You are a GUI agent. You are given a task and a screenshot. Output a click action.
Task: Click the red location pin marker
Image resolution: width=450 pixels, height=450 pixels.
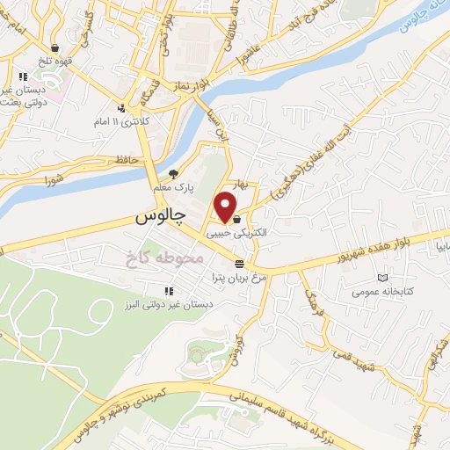point(226,207)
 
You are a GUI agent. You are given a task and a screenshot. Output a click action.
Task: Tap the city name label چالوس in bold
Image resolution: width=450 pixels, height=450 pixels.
point(163,216)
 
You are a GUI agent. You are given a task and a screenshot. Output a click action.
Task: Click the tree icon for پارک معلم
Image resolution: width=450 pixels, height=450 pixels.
point(173,174)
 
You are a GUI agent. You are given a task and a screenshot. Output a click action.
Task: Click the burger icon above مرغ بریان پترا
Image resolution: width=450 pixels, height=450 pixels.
point(239,264)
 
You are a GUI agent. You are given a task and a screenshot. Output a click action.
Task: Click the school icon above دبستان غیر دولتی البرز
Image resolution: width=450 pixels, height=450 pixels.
point(168,292)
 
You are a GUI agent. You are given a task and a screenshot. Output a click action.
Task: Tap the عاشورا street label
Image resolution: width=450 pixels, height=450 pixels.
point(246,58)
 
